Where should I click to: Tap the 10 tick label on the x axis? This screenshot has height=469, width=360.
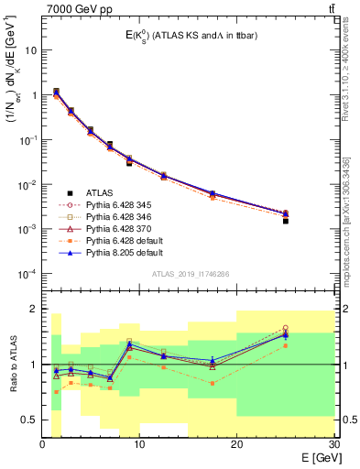(x=139, y=444)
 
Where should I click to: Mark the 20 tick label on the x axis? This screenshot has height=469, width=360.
(x=236, y=444)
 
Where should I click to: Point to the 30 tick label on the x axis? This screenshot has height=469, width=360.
(x=333, y=444)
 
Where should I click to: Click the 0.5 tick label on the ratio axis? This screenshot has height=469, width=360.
(x=31, y=420)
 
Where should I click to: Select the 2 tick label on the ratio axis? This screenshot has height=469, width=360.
(x=35, y=309)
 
